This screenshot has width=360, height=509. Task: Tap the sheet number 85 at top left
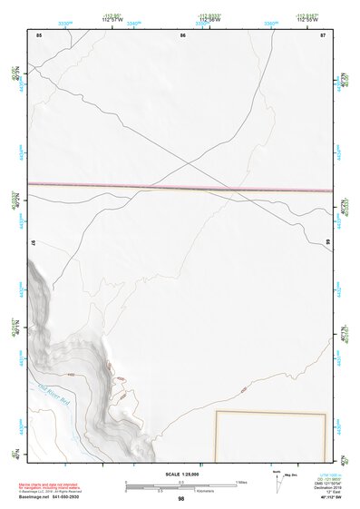[x=39, y=34]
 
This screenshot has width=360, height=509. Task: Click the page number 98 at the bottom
[x=181, y=499]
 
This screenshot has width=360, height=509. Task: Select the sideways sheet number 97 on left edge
[x=33, y=243]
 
